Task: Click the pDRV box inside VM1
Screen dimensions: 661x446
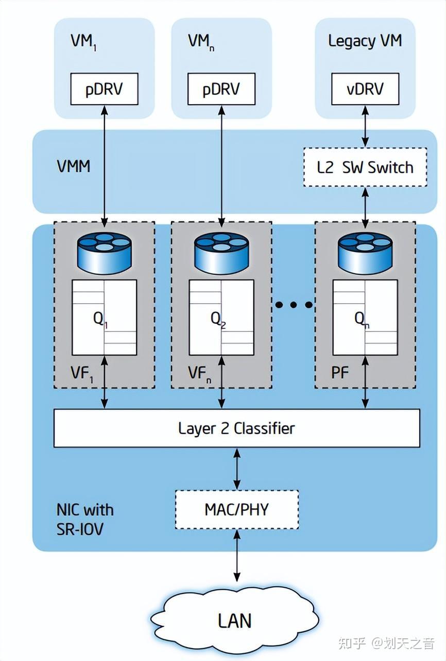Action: click(105, 89)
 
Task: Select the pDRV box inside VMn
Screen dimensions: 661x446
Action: click(221, 89)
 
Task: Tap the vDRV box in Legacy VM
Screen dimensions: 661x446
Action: click(365, 89)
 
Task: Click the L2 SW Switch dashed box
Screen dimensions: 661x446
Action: click(365, 167)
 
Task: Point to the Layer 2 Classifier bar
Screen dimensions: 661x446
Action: click(236, 428)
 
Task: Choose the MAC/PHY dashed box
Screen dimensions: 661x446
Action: click(236, 509)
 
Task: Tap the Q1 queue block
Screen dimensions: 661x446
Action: click(105, 318)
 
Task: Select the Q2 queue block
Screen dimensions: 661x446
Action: click(221, 318)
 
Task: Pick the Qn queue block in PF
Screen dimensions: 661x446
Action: click(365, 318)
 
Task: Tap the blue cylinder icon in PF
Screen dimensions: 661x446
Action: click(365, 254)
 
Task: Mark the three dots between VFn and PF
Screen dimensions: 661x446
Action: click(294, 305)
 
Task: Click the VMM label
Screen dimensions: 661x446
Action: click(73, 167)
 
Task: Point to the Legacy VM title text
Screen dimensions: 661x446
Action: click(365, 41)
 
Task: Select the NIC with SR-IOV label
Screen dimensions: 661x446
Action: click(84, 519)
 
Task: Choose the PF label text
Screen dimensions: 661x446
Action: click(340, 372)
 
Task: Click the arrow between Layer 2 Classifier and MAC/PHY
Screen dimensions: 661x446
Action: click(236, 468)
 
